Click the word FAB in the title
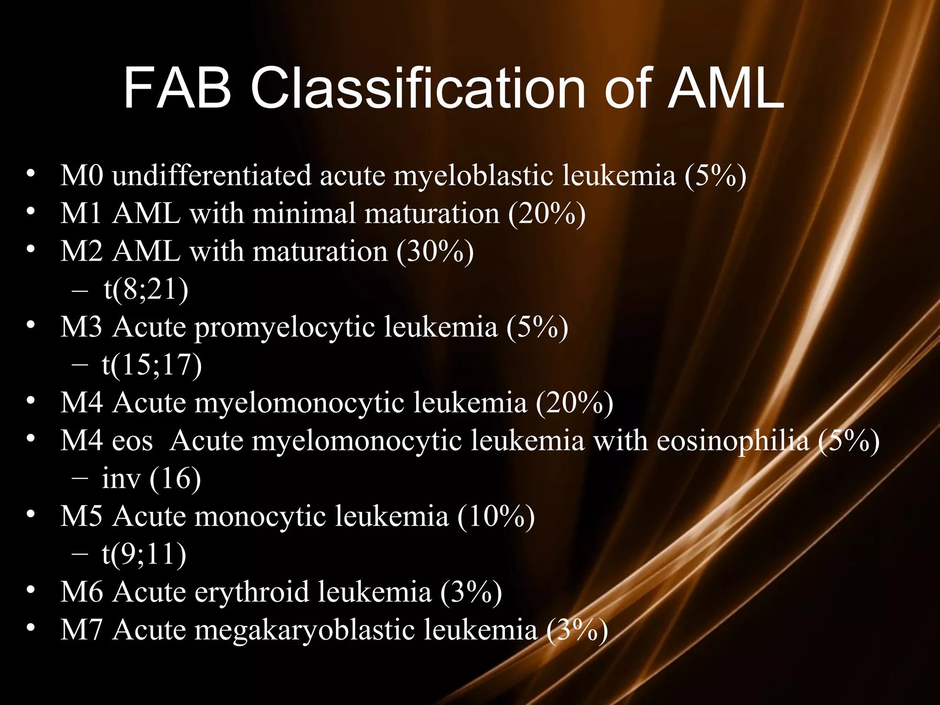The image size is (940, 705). point(177,88)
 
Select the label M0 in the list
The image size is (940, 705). point(82,175)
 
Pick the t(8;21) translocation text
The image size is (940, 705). point(146,289)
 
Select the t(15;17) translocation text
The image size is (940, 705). point(152,365)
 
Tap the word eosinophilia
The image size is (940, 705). point(733,441)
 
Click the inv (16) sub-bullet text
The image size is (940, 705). point(151,478)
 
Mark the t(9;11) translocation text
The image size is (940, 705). point(144,554)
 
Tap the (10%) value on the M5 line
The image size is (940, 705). point(496,516)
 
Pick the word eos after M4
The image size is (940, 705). point(133,441)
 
